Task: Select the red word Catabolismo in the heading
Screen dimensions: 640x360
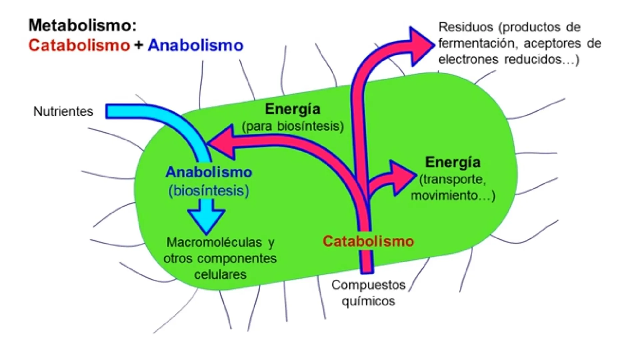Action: point(79,45)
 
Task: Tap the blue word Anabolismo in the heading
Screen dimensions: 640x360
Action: point(196,45)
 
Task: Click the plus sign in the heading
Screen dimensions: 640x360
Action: point(139,45)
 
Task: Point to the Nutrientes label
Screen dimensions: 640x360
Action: point(63,111)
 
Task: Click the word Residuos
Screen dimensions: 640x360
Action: point(466,27)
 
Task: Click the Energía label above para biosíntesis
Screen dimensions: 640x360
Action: point(293,109)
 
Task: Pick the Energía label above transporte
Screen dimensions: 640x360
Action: point(453,162)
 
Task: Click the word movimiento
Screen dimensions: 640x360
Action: point(444,195)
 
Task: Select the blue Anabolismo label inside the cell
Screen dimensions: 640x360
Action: point(209,172)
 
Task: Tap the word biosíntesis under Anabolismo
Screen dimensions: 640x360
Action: point(209,191)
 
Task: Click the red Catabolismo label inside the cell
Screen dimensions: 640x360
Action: point(368,241)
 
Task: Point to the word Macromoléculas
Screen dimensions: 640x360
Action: point(214,242)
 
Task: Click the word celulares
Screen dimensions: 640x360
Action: point(220,274)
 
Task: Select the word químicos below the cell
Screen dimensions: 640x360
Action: point(368,301)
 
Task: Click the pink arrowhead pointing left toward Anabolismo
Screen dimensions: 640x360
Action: point(221,142)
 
